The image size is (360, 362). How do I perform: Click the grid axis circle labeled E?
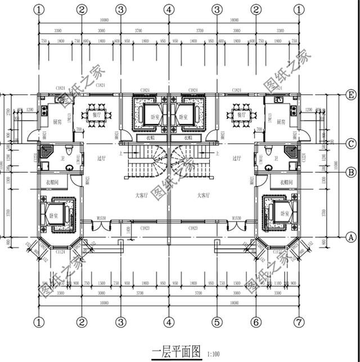tap(351, 94)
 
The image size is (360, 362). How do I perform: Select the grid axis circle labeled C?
tap(351, 143)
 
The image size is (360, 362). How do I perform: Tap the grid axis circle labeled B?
tap(351, 172)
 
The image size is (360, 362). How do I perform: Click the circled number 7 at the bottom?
tap(296, 323)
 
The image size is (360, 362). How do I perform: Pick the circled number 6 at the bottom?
tap(256, 323)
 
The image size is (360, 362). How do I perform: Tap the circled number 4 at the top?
tap(168, 10)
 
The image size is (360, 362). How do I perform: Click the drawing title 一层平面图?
tap(176, 352)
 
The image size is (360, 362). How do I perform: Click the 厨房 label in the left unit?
tap(57, 121)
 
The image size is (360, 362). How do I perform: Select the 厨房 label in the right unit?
tap(280, 121)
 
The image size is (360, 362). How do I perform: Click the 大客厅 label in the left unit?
tap(141, 195)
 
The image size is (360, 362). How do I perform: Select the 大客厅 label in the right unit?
tap(203, 195)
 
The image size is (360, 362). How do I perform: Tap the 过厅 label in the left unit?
tap(101, 159)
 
